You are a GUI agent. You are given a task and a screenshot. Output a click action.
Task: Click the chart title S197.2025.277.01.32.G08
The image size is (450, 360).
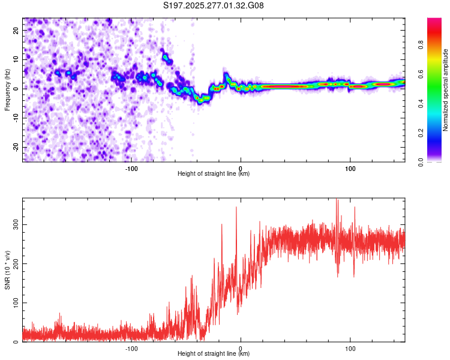[x=214, y=6]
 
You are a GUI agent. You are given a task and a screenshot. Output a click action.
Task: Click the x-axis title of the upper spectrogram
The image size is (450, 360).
[x=214, y=173]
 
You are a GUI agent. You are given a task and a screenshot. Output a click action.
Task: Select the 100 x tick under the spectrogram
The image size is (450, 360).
[x=350, y=168]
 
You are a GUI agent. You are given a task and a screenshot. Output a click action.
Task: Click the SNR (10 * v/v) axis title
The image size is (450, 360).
[x=8, y=270]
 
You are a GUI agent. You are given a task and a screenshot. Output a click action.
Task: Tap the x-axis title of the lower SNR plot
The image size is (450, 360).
[x=214, y=353]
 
